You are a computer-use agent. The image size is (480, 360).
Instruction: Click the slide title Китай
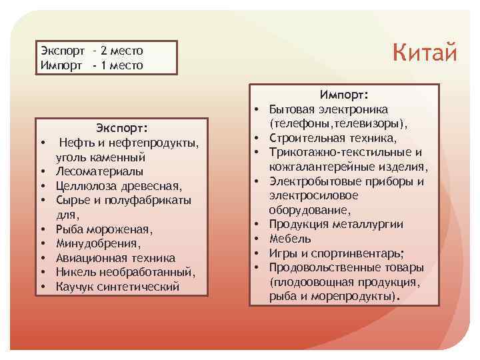pos(424,51)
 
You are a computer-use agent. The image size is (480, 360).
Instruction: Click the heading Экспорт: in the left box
pos(121,128)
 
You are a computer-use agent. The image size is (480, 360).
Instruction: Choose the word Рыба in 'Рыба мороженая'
pos(68,229)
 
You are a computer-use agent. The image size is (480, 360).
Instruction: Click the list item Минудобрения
pos(89,243)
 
